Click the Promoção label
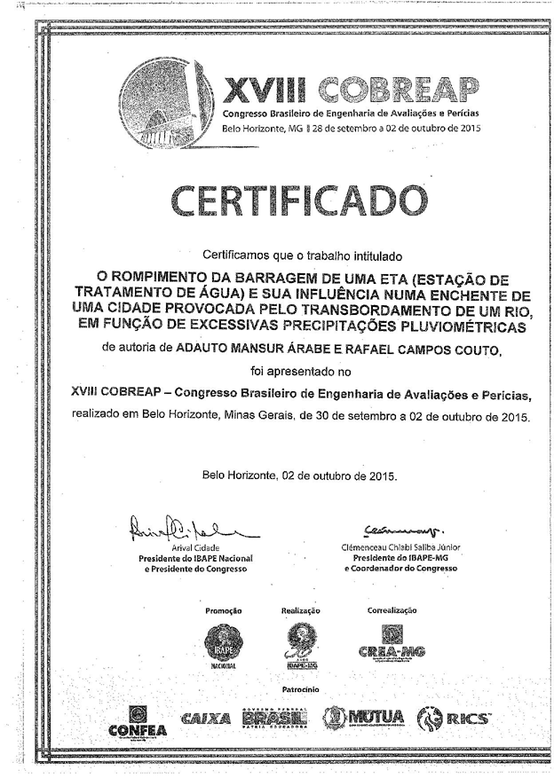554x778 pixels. (224, 610)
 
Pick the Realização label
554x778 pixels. (300, 610)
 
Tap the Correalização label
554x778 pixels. (391, 610)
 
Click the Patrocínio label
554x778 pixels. (300, 688)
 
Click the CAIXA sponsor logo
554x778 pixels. (206, 717)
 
